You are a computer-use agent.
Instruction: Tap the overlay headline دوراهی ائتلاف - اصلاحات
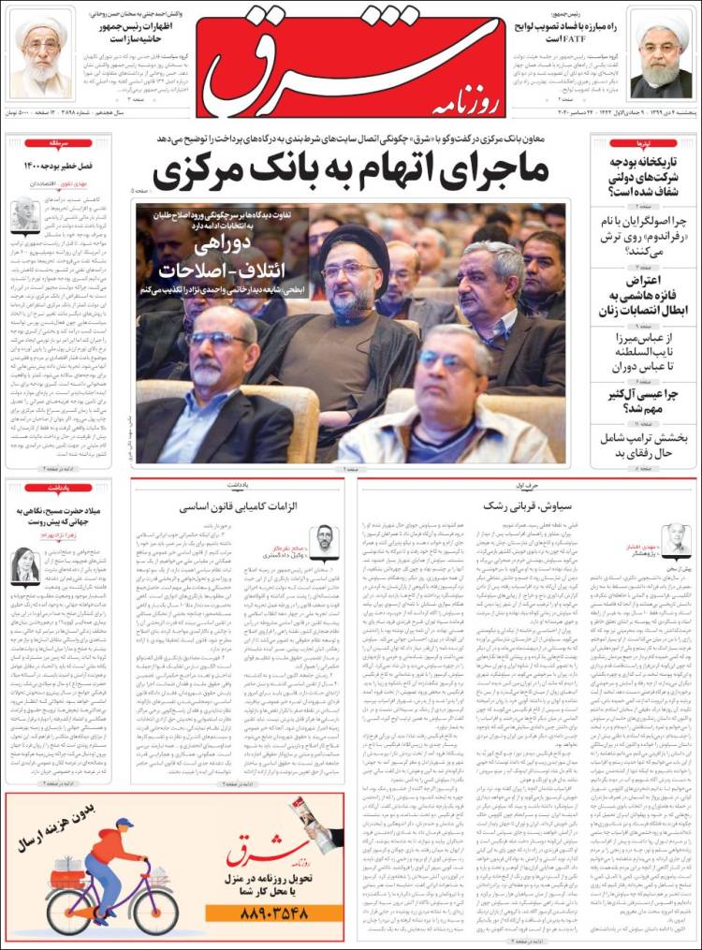(x=223, y=256)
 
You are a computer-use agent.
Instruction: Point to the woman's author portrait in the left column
(x=24, y=565)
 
